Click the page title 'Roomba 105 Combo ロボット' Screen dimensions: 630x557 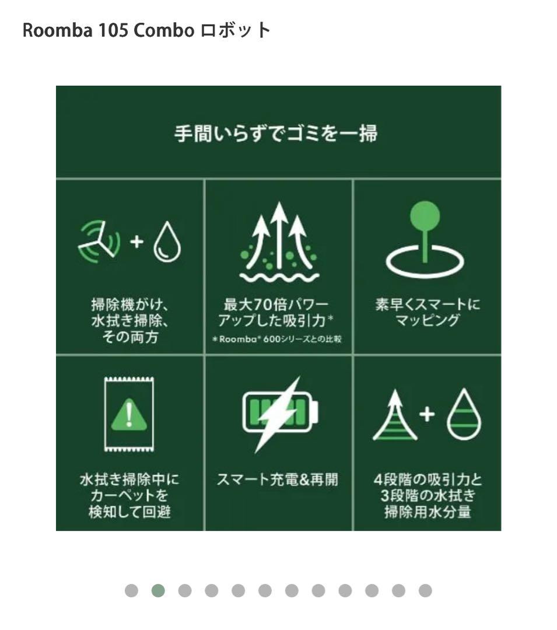[146, 30]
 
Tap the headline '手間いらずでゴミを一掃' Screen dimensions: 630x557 [276, 134]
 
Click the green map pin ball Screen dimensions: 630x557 [425, 214]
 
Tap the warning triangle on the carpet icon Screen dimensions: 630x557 [129, 415]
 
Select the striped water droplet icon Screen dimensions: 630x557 [464, 415]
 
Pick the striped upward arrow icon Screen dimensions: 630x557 [395, 415]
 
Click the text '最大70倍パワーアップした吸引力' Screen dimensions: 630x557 [276, 312]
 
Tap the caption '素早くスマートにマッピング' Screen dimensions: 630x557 [428, 312]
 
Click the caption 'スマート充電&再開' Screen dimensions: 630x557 [277, 480]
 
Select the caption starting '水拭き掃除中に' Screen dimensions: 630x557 [129, 496]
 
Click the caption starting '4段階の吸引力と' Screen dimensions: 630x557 [428, 496]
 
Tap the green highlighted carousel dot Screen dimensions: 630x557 [158, 591]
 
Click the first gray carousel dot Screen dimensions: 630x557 [131, 591]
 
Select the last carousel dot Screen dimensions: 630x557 [425, 591]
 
